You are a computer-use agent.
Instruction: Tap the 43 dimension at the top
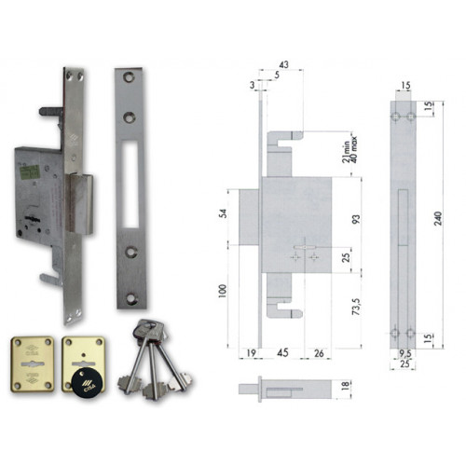click(x=284, y=64)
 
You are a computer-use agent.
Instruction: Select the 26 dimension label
click(x=319, y=352)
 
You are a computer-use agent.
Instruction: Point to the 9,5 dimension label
click(x=404, y=353)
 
